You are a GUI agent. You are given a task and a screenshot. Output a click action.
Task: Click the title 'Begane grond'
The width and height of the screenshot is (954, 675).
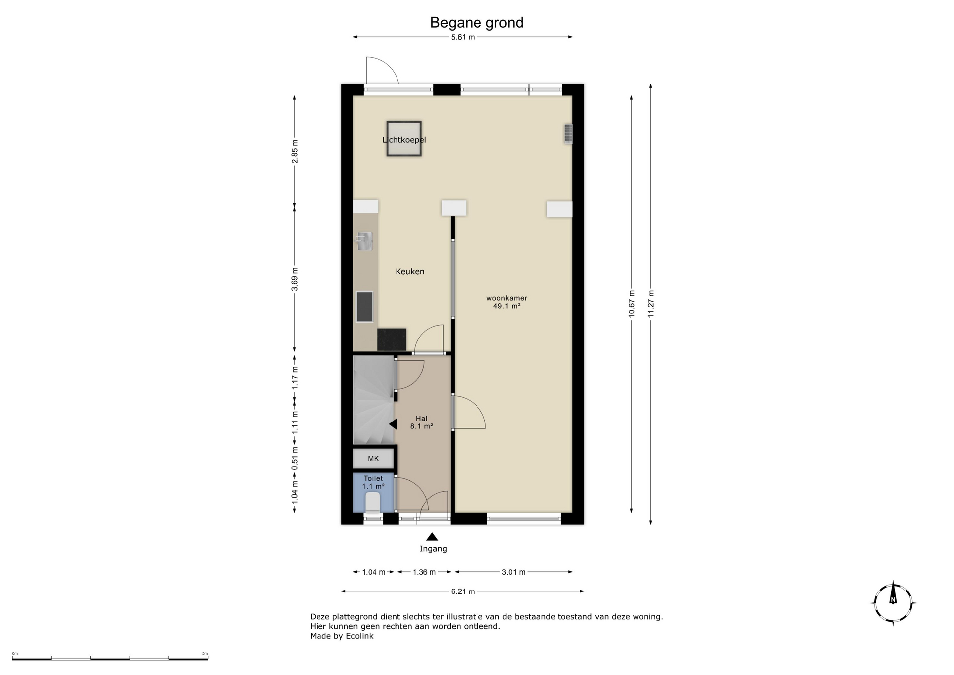pos(477,23)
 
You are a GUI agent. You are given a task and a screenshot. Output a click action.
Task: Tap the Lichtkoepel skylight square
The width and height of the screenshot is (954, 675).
pos(404,139)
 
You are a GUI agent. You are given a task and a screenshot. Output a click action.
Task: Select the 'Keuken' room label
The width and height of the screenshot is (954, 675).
pos(410,271)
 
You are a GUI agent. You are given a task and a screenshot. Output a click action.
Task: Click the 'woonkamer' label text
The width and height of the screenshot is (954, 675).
pos(507,298)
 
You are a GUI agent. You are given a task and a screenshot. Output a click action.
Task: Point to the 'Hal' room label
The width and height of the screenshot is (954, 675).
pos(422,419)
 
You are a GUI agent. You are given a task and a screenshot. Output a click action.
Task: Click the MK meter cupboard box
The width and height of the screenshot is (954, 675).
pos(373,458)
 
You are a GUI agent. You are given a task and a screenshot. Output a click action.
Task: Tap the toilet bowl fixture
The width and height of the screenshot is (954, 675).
pos(373,502)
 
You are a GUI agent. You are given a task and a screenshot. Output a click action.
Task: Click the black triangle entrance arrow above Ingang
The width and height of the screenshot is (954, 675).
pos(432,537)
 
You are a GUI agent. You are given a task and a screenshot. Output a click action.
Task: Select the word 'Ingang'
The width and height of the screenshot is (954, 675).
pos(433,549)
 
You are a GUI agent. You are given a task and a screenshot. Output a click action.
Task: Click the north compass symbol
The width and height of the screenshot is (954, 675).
pos(893,602)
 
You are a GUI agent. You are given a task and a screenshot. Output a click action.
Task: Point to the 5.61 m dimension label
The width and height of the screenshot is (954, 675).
pos(463,37)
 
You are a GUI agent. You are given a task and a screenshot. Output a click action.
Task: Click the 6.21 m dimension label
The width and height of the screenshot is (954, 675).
pos(463,591)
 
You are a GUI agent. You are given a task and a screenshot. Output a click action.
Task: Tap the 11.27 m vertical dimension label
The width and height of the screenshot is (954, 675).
pos(651,304)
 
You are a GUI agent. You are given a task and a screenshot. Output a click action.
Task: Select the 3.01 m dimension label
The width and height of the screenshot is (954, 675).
pos(513,572)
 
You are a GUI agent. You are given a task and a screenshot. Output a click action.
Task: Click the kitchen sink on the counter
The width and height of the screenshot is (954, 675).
pos(364,241)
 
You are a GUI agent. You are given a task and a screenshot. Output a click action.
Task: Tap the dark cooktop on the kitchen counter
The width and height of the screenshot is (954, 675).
pos(364,307)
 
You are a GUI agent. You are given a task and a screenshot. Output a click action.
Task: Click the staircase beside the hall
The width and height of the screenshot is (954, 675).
pos(373,400)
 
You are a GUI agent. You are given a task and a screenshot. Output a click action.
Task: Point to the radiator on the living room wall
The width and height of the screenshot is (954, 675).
pos(568,134)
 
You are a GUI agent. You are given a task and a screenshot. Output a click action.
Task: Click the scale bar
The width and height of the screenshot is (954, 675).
pos(110,659)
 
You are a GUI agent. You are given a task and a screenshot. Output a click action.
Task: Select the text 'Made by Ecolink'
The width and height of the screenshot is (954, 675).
pos(342,636)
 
